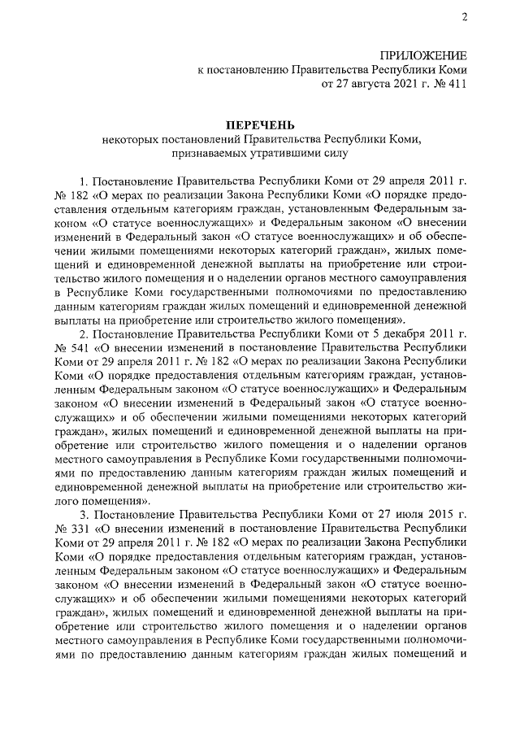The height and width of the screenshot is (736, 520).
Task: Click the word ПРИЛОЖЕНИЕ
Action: (423, 55)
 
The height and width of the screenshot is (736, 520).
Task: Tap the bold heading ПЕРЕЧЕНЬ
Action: (260, 124)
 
